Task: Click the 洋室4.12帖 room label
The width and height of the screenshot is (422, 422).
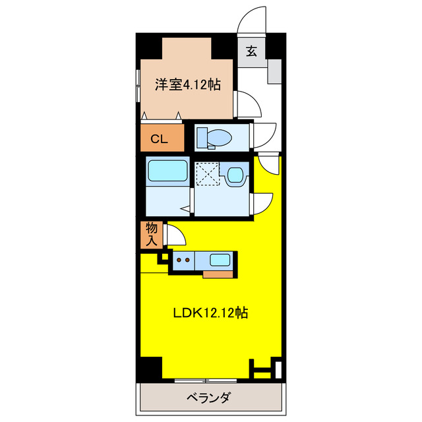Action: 187,84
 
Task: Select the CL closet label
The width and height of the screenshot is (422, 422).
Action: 159,138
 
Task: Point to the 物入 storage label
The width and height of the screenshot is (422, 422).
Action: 151,234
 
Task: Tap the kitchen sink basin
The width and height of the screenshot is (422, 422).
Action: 220,260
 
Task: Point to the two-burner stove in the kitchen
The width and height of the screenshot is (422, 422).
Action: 183,260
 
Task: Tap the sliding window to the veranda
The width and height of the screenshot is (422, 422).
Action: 206,380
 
